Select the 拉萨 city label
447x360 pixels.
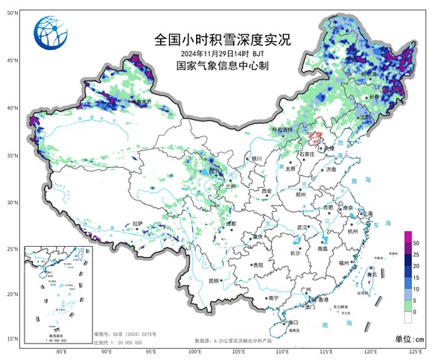136,223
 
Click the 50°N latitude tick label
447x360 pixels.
11,13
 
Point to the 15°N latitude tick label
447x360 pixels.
11,338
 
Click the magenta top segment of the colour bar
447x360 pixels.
408,236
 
